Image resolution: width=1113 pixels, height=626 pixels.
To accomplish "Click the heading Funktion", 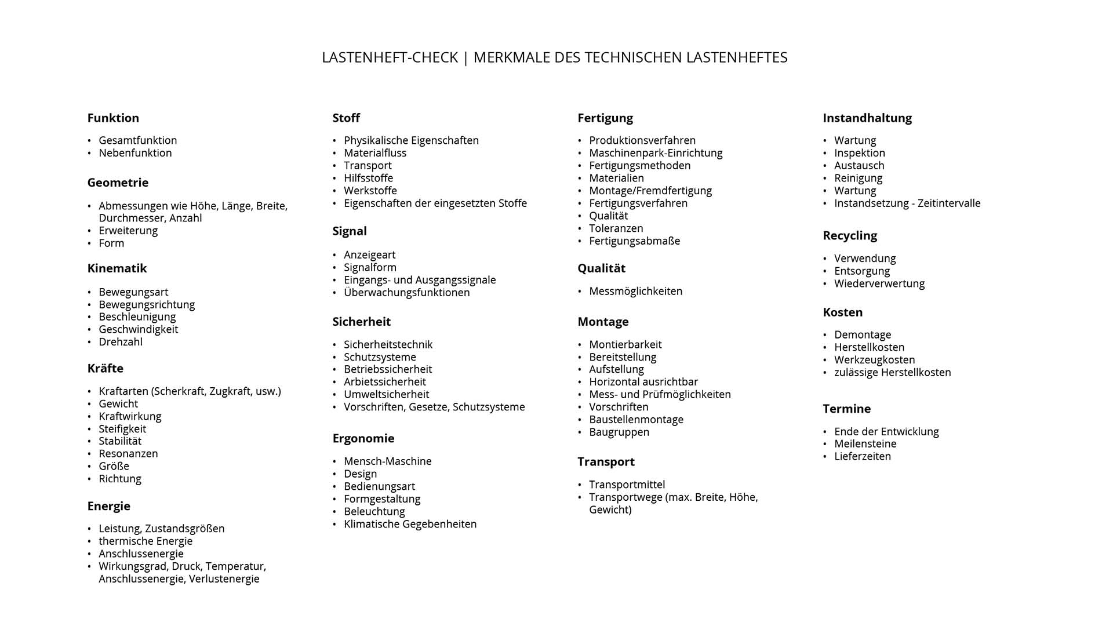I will click(x=113, y=118).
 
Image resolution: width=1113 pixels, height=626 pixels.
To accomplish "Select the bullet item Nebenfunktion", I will click(x=135, y=153).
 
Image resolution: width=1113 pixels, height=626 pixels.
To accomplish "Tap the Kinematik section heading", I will click(x=117, y=268).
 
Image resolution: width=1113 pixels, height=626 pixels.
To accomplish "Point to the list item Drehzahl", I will click(x=121, y=342).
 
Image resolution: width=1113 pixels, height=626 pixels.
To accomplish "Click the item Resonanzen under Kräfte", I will click(x=128, y=454).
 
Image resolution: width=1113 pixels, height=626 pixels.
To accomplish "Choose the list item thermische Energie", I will click(x=146, y=541).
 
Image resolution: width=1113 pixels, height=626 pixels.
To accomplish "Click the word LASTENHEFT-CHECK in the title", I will click(x=390, y=58).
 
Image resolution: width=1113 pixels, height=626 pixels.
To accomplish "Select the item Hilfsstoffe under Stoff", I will click(x=368, y=178).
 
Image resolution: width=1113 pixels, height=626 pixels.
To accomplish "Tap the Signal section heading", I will click(x=350, y=231).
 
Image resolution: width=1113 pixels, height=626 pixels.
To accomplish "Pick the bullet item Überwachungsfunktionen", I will click(x=406, y=293).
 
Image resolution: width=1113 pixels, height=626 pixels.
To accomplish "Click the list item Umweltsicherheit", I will click(x=386, y=395).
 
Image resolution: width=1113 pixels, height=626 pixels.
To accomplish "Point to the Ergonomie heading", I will click(x=363, y=439).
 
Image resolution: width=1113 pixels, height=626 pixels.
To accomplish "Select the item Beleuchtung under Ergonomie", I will click(x=374, y=512).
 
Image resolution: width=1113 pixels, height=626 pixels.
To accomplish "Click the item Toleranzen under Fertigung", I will click(x=616, y=228).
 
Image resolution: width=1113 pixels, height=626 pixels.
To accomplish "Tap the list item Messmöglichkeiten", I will click(x=635, y=292).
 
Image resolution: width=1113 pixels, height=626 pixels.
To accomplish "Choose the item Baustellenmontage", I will click(x=636, y=420).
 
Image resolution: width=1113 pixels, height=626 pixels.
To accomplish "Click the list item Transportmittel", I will click(x=627, y=485).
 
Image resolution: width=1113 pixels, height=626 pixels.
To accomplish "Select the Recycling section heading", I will click(x=850, y=236).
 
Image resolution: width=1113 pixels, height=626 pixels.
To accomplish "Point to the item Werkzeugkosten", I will click(x=874, y=360).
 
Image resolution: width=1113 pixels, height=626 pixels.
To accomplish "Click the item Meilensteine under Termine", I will click(x=865, y=444).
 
